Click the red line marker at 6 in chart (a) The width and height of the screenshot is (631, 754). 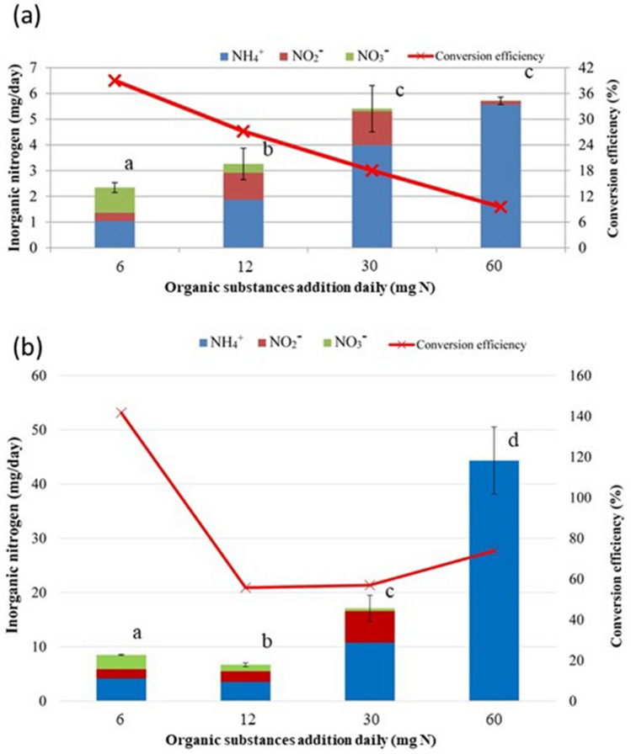116,81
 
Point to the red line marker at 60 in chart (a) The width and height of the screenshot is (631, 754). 500,207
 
